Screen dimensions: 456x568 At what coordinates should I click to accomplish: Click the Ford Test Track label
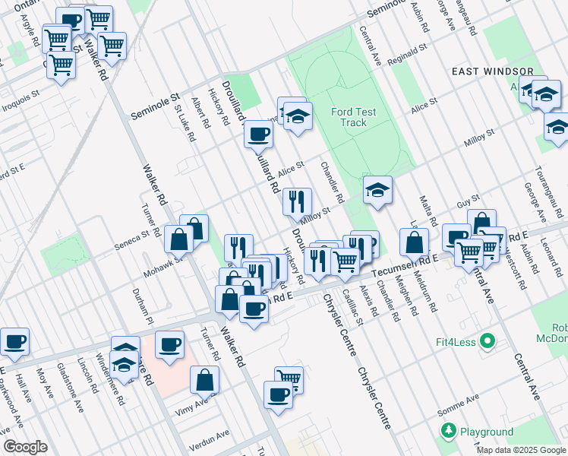pos(354,117)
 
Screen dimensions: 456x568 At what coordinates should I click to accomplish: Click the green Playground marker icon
pos(448,431)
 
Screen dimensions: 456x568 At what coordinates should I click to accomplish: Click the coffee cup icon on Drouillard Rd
pos(259,135)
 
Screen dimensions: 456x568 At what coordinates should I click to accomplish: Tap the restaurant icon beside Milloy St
pos(297,201)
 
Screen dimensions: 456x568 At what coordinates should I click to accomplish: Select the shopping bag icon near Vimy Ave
pos(204,379)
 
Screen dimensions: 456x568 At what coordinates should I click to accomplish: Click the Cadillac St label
pos(349,307)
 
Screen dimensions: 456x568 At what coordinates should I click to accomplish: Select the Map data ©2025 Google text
pos(521,450)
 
